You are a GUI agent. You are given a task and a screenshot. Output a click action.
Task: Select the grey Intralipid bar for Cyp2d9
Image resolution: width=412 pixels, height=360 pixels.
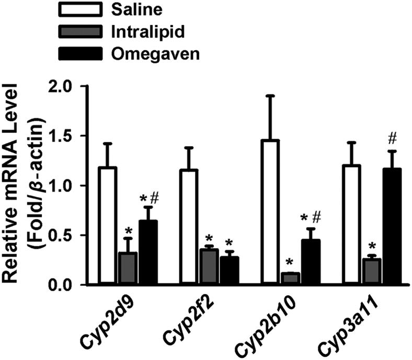pos(128,269)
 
